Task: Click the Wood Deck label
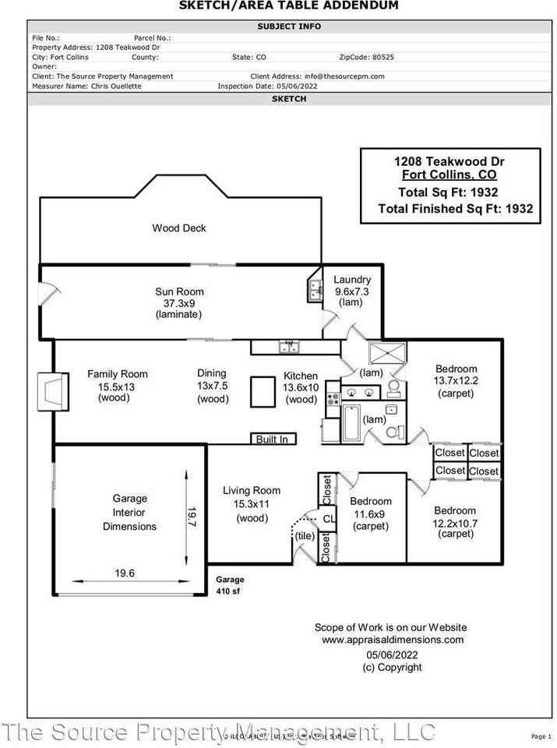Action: click(x=179, y=228)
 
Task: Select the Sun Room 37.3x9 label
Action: click(x=179, y=303)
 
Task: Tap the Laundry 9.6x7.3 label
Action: click(x=351, y=291)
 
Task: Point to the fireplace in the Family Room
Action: click(x=51, y=390)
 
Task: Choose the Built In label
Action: click(x=272, y=439)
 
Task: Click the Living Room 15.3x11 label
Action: click(x=252, y=504)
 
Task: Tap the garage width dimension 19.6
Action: click(x=125, y=573)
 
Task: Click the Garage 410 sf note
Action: click(x=230, y=585)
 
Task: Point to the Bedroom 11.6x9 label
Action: click(x=371, y=513)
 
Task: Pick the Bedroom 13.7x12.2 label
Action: click(x=456, y=381)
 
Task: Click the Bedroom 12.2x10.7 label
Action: click(x=455, y=522)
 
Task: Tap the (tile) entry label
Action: click(x=305, y=535)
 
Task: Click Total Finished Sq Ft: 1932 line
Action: click(x=455, y=208)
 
